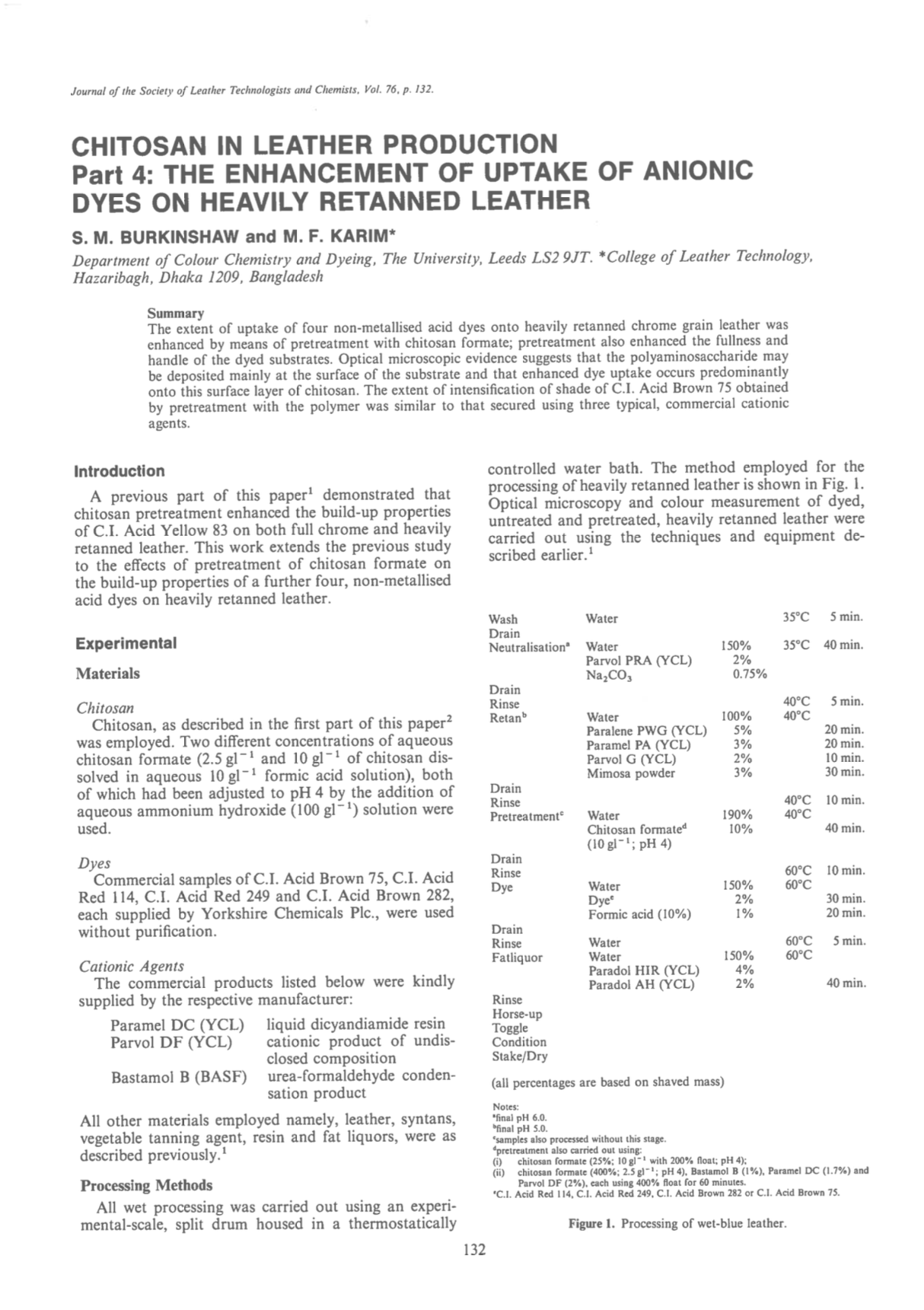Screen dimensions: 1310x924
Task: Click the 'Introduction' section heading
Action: click(119, 471)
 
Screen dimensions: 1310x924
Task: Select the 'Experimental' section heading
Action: click(126, 643)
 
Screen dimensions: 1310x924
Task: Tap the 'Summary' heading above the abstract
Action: click(175, 314)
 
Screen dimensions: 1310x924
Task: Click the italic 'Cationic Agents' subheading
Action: click(131, 966)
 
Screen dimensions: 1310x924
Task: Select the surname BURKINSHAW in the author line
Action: click(177, 236)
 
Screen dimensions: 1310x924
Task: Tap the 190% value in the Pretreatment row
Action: click(737, 815)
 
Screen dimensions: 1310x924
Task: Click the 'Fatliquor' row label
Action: click(517, 957)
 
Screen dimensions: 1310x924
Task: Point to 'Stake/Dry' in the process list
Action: click(519, 1056)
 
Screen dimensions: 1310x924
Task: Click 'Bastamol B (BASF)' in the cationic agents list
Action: click(179, 1077)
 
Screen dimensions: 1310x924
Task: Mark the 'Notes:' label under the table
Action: click(505, 1106)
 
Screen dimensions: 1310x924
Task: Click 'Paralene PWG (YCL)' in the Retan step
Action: click(646, 731)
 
